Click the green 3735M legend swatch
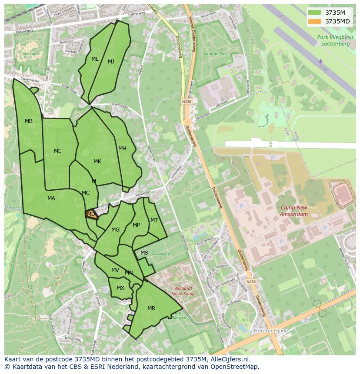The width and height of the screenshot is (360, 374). click(x=315, y=13)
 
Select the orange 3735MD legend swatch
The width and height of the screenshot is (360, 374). click(x=315, y=21)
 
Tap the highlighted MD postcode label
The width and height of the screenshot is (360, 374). click(x=91, y=214)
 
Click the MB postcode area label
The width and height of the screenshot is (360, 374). click(x=29, y=121)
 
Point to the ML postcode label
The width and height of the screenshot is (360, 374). click(x=95, y=59)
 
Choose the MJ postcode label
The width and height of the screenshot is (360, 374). click(x=111, y=62)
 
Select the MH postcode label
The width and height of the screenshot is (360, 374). click(x=122, y=149)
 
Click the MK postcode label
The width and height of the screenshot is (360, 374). click(x=97, y=162)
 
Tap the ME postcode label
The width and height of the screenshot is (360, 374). click(x=58, y=151)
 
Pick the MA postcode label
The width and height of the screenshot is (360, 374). click(x=51, y=199)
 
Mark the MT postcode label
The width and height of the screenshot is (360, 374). click(x=154, y=220)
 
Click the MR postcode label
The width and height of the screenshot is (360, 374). click(x=151, y=308)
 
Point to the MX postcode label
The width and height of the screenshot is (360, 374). click(x=120, y=288)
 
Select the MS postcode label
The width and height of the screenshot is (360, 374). click(x=144, y=253)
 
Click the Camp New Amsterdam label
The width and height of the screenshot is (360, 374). click(x=294, y=211)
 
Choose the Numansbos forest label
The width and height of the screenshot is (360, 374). click(x=215, y=54)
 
